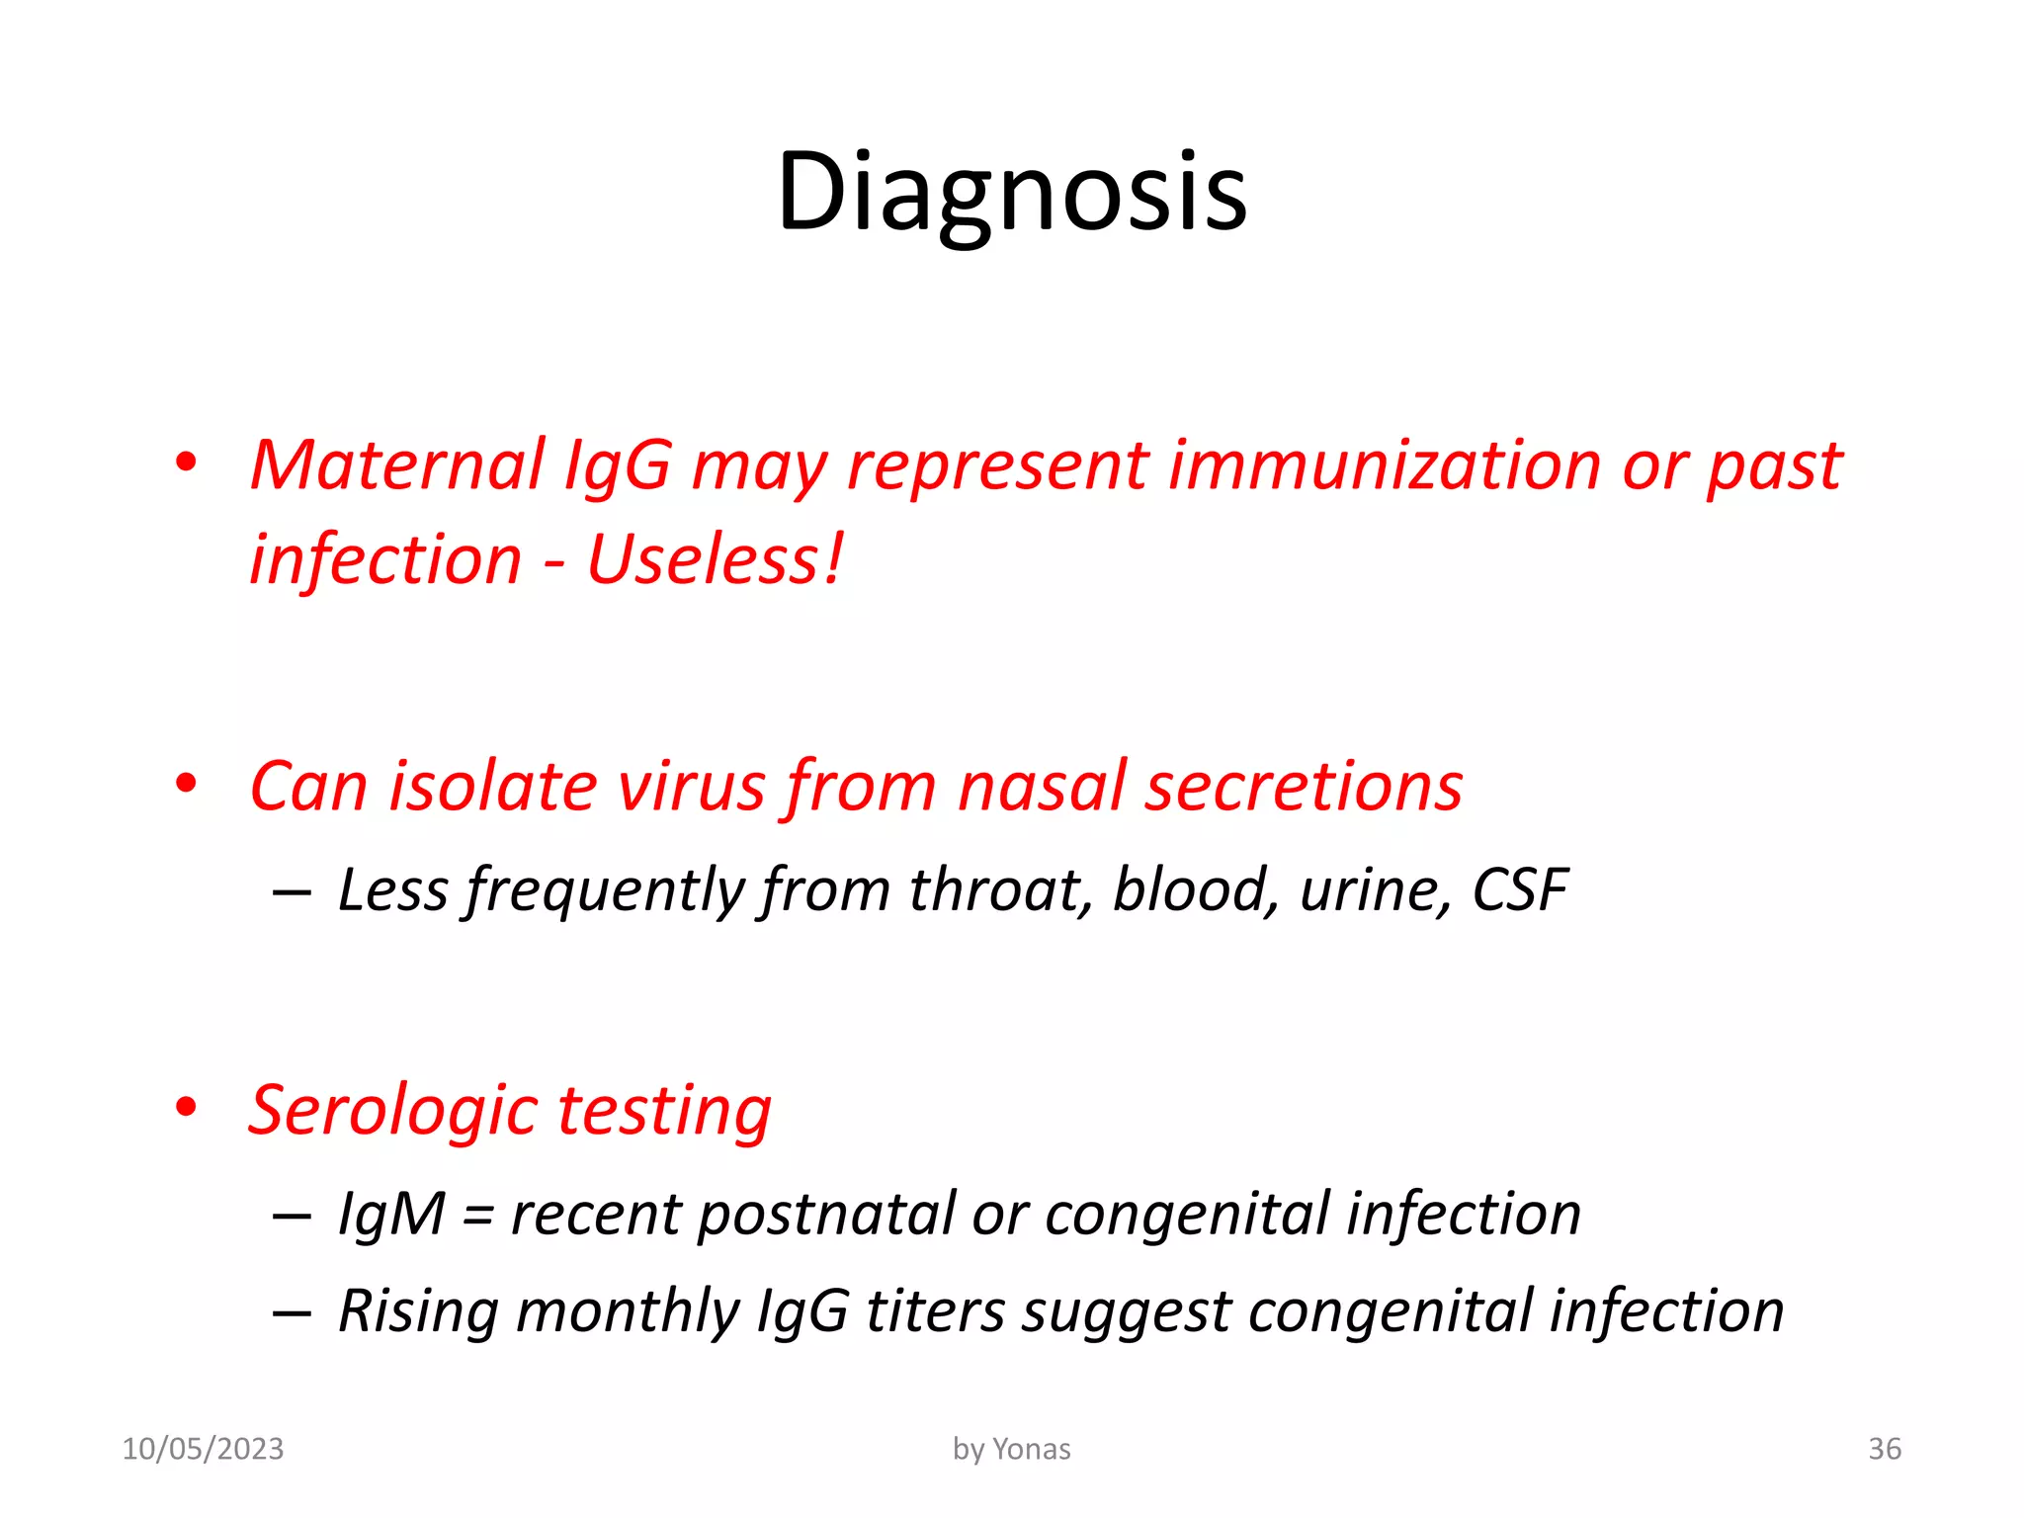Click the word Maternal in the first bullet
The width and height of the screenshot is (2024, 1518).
(396, 464)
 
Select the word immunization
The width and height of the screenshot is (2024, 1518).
(1384, 464)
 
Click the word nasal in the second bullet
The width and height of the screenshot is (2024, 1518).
(1042, 787)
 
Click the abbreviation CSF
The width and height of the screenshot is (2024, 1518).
(1519, 889)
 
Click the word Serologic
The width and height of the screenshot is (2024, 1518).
(393, 1110)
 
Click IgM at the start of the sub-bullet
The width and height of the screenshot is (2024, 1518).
(391, 1214)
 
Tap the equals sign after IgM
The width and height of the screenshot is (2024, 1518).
(477, 1216)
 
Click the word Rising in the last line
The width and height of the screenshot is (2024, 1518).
(418, 1311)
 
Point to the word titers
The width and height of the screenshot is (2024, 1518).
(935, 1311)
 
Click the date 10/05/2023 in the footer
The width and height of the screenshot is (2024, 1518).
(203, 1449)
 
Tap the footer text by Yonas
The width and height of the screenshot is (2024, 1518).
(1011, 1449)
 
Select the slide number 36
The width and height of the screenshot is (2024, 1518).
(1884, 1449)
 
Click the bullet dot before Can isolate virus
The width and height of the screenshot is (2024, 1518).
(186, 784)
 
